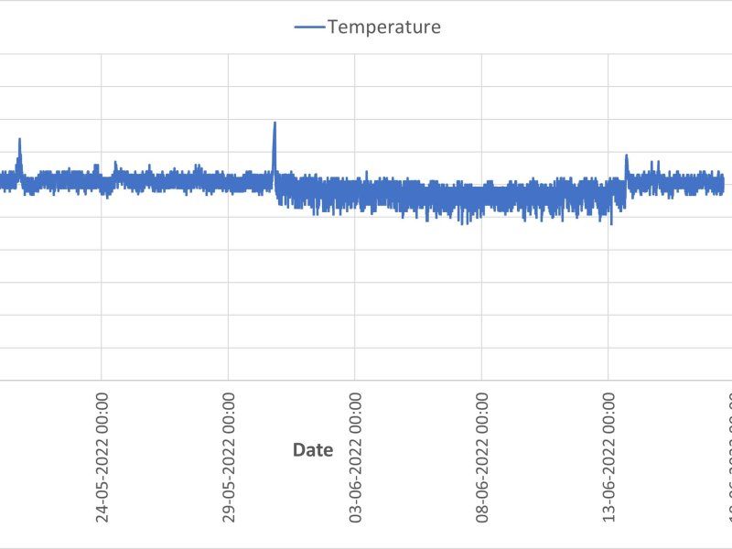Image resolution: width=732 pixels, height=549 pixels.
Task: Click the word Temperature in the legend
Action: point(383,27)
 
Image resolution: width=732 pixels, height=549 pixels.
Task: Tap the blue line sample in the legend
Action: point(309,27)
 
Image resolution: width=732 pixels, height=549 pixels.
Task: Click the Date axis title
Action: point(312,449)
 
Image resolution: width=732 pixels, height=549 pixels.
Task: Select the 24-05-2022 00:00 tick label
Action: point(102,458)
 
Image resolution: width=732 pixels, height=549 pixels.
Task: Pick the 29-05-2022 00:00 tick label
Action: point(229,458)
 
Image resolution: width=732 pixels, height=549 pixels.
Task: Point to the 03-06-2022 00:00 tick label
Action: point(356,458)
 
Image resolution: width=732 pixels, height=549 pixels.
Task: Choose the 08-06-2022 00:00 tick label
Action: point(482,458)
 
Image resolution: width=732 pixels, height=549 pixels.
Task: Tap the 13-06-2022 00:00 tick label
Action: point(609,458)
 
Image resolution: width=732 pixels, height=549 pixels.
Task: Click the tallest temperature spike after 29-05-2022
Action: point(274,124)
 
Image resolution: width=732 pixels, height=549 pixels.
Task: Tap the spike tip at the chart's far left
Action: point(19,139)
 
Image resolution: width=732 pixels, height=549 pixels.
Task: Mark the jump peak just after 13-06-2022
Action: point(627,156)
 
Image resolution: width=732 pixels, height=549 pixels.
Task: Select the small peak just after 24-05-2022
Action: point(115,163)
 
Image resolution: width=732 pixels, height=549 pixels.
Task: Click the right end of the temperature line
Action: point(723,184)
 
